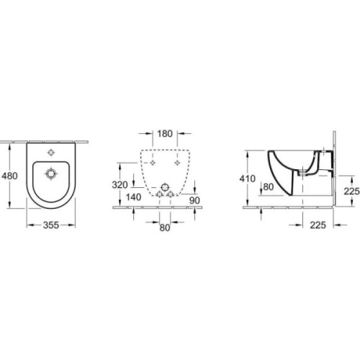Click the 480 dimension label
pyautogui.click(x=9, y=176)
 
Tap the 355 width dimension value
pyautogui.click(x=51, y=225)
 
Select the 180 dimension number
pyautogui.click(x=165, y=134)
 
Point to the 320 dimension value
pyautogui.click(x=120, y=185)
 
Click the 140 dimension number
pyautogui.click(x=133, y=197)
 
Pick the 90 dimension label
pyautogui.click(x=194, y=200)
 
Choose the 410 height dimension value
pyautogui.click(x=248, y=179)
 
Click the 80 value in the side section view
pyautogui.click(x=269, y=186)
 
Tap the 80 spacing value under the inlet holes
pyautogui.click(x=165, y=228)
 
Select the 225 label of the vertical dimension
pyautogui.click(x=352, y=192)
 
